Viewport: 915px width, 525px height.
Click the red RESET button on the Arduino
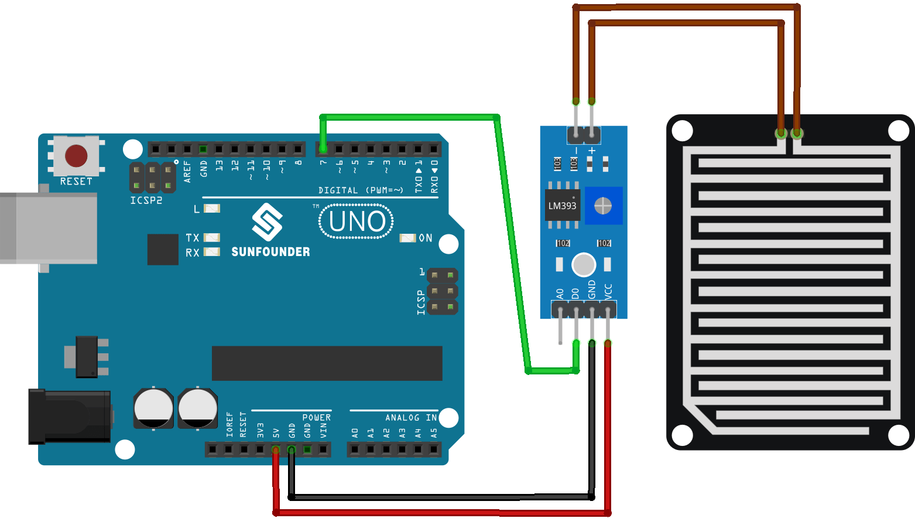(x=76, y=156)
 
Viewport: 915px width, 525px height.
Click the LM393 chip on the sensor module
(x=562, y=206)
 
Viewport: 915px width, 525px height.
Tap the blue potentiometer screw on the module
(x=603, y=206)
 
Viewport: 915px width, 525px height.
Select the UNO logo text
(x=357, y=221)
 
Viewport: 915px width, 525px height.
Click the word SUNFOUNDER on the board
(x=270, y=252)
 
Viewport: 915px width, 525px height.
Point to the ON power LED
(x=407, y=238)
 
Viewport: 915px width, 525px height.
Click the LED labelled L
(x=211, y=209)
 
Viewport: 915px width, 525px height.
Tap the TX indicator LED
(x=211, y=237)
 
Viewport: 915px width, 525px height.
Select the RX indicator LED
(x=211, y=252)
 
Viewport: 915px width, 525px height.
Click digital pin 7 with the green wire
(x=323, y=149)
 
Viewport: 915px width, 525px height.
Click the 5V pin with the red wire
(x=276, y=449)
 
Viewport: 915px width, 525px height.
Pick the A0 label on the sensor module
(x=560, y=293)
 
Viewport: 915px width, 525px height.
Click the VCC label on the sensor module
(x=608, y=291)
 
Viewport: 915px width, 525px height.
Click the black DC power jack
(x=69, y=417)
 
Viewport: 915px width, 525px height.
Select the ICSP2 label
(x=146, y=200)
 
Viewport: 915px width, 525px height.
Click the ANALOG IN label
(x=411, y=418)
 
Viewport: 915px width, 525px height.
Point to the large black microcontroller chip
(x=327, y=363)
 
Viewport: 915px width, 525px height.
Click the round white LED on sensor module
(x=583, y=265)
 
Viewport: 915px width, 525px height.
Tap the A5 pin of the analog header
(x=434, y=449)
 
